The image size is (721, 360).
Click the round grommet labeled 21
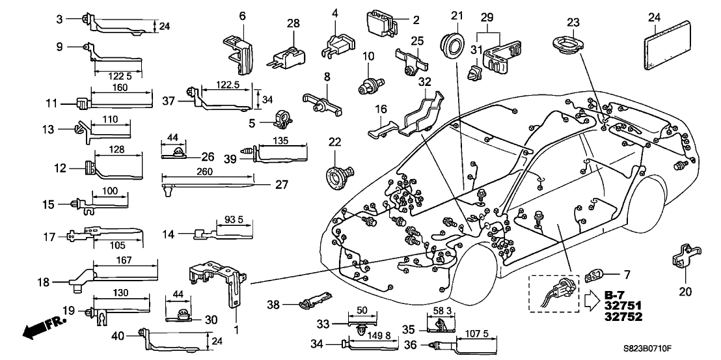click(453, 48)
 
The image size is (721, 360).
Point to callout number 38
click(274, 304)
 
